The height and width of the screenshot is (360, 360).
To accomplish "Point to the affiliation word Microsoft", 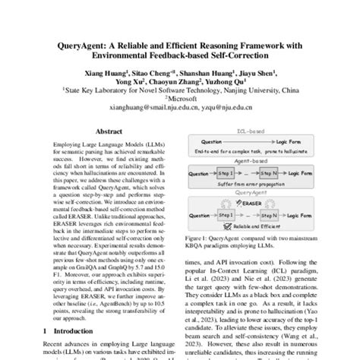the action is (x=181, y=99).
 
